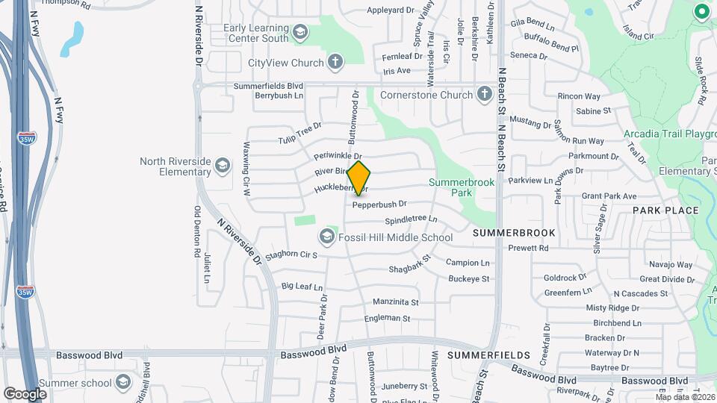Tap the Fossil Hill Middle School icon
[x=326, y=237]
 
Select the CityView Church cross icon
[x=335, y=62]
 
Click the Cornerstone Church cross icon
[x=485, y=95]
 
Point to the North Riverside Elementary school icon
[x=222, y=165]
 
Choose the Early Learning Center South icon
[x=299, y=31]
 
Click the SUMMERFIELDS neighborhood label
[x=488, y=355]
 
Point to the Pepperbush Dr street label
[x=379, y=204]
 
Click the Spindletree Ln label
[x=411, y=220]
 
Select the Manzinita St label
[x=396, y=302]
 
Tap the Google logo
[x=25, y=393]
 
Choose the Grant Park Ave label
[x=609, y=196]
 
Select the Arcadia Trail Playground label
[x=669, y=135]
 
